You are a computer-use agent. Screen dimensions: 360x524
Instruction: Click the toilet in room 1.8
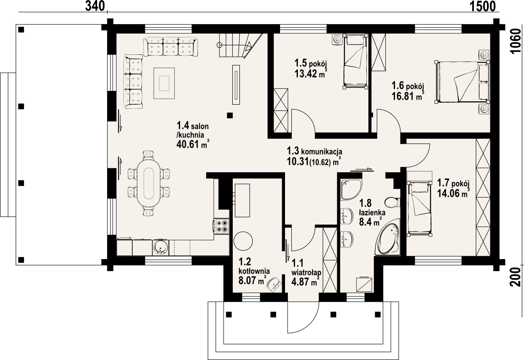[391, 203]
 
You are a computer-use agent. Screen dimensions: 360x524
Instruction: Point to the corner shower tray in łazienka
[351, 189]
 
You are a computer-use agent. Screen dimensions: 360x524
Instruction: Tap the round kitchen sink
[161, 247]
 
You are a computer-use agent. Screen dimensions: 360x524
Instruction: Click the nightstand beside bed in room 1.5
[337, 40]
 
